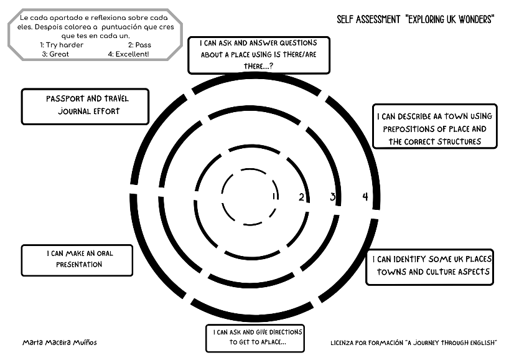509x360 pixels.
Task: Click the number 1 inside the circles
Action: pos(273,196)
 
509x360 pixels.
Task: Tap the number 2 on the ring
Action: pos(301,197)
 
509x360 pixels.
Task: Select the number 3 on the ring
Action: pos(333,197)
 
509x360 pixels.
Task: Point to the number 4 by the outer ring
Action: pos(365,197)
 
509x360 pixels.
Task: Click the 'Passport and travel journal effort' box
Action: pos(85,106)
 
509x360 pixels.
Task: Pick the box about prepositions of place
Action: pos(435,126)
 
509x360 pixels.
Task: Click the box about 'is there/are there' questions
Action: pos(259,55)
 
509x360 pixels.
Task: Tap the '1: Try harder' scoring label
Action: pos(62,45)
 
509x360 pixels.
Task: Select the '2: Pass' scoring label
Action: pos(139,45)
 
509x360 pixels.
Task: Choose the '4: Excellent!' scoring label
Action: pos(133,54)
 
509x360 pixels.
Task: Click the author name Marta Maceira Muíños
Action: pos(60,343)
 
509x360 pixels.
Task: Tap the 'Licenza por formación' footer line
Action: pos(414,343)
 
